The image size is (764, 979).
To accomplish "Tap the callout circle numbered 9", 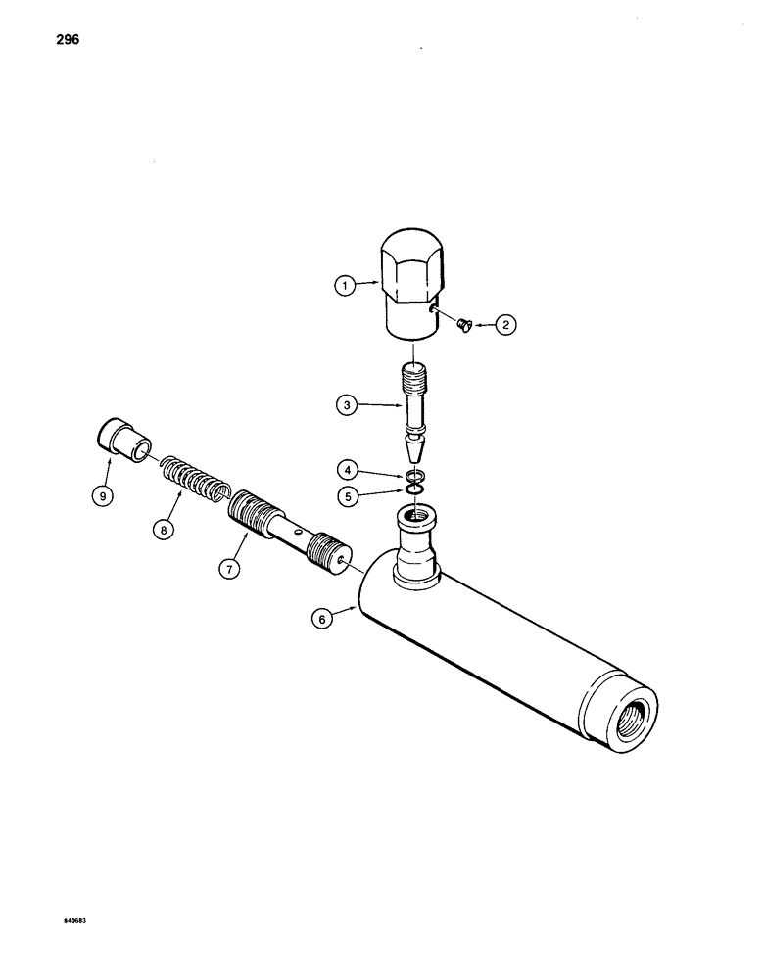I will tap(101, 495).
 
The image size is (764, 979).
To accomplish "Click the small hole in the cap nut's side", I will tap(432, 311).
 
